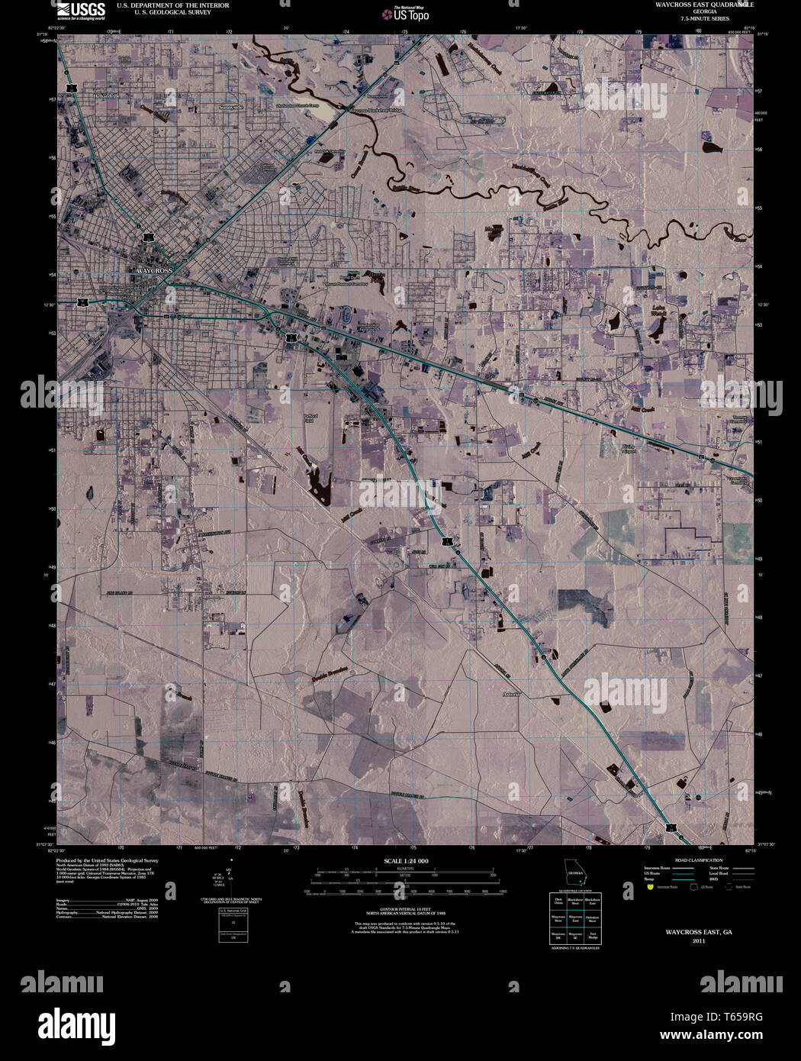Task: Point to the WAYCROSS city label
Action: [x=155, y=271]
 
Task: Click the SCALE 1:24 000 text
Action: [x=405, y=861]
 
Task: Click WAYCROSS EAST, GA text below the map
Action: [x=698, y=932]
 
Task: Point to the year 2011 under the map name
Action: [x=698, y=941]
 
